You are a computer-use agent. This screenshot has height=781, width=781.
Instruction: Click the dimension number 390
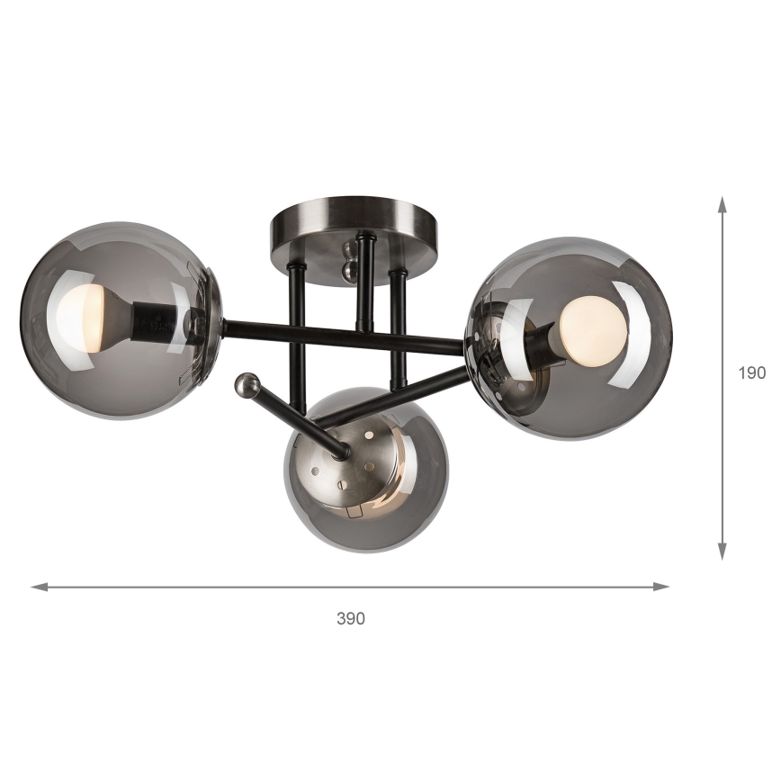(x=351, y=618)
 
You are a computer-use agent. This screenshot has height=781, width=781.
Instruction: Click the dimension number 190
(x=751, y=372)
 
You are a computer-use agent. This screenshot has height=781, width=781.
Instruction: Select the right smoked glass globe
(x=570, y=337)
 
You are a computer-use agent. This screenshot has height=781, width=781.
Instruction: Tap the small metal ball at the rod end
(x=246, y=386)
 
